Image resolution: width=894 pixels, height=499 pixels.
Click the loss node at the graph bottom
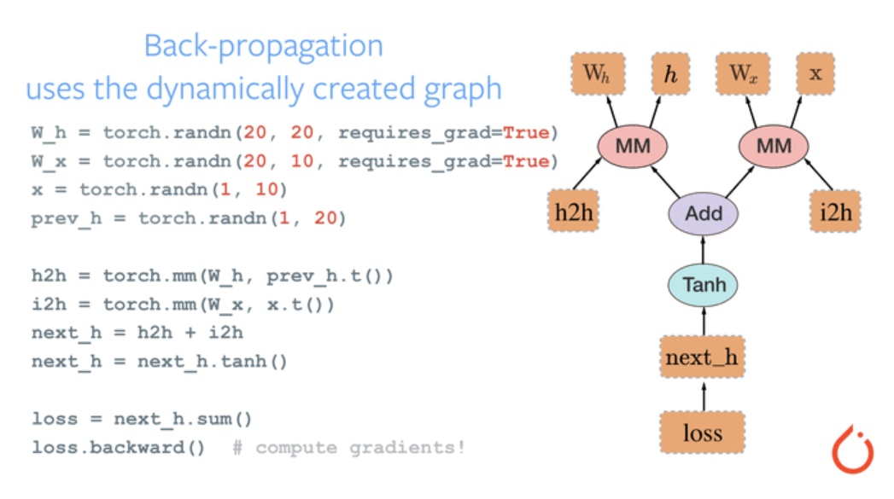coord(703,433)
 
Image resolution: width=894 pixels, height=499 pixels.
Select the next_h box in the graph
coord(702,357)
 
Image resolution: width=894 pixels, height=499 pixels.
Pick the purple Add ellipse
coord(704,212)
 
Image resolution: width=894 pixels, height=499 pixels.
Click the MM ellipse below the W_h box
coord(633,145)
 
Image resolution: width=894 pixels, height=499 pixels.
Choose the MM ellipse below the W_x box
coord(774,145)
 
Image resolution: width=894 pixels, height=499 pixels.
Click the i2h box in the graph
coord(834,212)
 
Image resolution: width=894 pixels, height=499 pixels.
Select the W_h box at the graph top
coord(597,74)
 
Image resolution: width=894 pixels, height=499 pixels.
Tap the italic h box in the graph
coord(670,74)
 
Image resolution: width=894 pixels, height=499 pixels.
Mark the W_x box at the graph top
coord(742,74)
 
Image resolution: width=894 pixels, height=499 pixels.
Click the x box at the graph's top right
coord(815,74)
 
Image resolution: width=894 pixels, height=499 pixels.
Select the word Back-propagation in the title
coord(263,46)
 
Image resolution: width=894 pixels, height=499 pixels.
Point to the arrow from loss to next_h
coord(703,396)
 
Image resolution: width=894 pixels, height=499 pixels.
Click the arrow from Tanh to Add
coord(704,249)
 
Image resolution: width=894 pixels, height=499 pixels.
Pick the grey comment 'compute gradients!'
coord(359,447)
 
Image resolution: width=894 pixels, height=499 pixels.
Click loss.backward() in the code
coord(118,447)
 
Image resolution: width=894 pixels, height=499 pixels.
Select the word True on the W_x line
coord(525,161)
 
